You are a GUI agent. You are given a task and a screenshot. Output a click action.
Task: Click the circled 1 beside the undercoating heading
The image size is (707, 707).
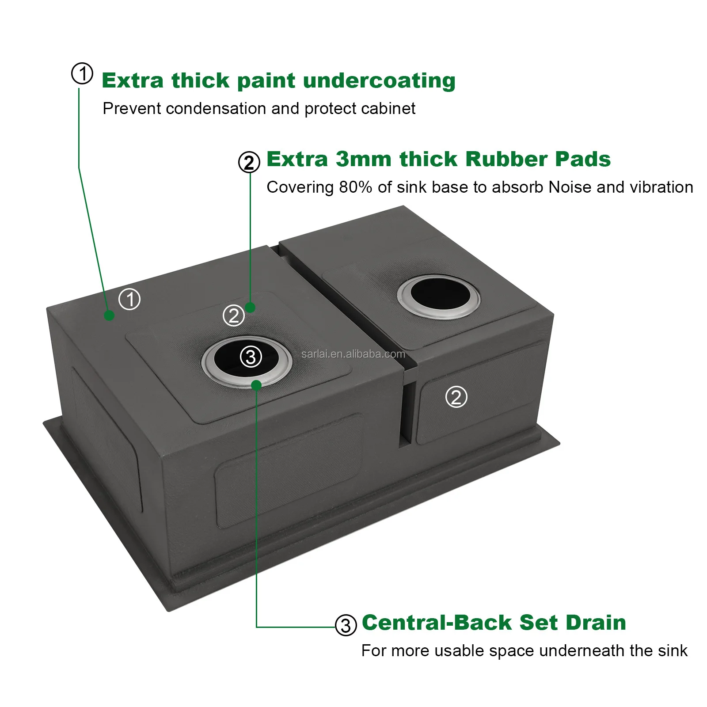82,73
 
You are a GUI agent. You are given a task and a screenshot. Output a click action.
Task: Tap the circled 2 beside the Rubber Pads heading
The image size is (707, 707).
249,162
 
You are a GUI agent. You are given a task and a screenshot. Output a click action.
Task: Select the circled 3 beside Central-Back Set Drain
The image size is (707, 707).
346,625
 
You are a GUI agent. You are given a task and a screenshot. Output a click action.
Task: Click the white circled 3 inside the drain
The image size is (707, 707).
251,356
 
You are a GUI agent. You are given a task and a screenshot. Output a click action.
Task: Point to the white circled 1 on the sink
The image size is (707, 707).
129,299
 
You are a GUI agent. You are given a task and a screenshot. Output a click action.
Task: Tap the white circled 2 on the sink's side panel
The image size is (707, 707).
456,396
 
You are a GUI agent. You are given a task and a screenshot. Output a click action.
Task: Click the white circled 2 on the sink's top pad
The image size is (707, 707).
233,315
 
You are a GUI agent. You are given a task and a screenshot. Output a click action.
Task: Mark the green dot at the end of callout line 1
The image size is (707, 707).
109,315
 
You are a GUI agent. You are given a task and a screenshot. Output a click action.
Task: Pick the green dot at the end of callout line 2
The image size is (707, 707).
250,307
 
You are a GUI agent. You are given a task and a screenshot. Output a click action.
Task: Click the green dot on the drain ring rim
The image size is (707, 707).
256,384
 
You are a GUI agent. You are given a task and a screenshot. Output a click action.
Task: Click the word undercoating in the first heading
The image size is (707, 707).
379,81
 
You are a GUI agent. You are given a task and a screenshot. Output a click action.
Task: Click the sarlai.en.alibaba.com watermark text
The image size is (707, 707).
353,354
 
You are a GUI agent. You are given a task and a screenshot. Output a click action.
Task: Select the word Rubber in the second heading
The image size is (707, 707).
506,159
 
